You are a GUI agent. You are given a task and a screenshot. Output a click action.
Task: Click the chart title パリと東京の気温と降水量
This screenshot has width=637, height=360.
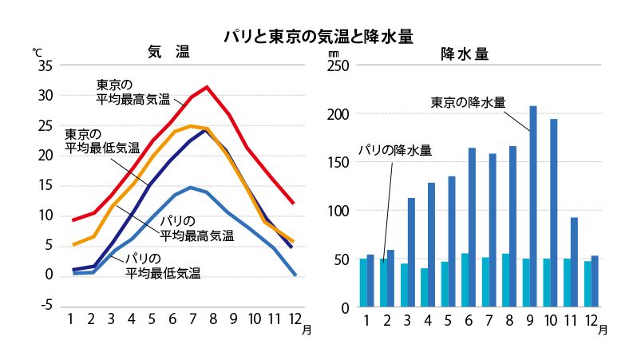[x=318, y=36]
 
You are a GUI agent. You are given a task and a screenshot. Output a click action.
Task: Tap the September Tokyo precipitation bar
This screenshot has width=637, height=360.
[x=532, y=208]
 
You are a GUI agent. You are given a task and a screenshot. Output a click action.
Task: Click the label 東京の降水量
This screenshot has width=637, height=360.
[x=468, y=102]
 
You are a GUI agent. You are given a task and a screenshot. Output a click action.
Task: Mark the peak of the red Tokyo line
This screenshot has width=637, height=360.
[x=207, y=86]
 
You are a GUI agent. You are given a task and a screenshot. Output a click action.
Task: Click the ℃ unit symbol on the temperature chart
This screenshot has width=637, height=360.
[x=37, y=52]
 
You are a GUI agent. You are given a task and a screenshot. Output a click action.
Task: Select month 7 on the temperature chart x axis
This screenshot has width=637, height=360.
[x=192, y=319]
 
